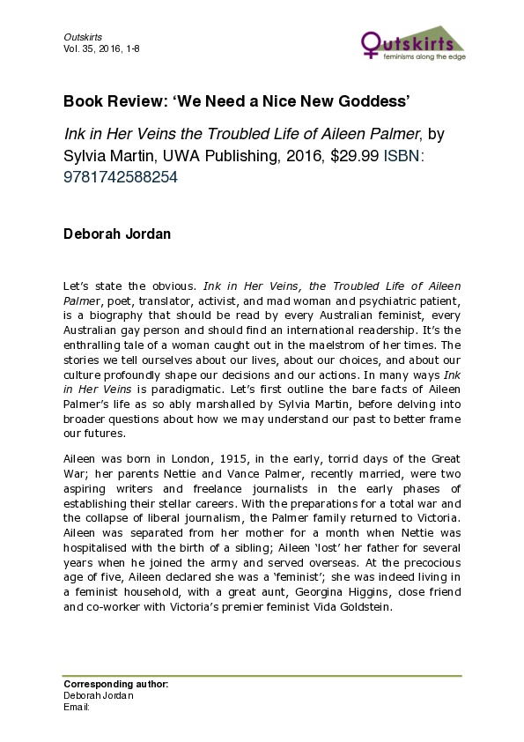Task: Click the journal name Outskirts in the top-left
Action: [x=83, y=37]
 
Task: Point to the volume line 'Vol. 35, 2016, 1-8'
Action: [x=101, y=48]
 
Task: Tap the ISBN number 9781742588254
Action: [x=121, y=176]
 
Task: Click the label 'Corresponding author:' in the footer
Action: [x=115, y=685]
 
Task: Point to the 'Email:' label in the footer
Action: [x=77, y=706]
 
